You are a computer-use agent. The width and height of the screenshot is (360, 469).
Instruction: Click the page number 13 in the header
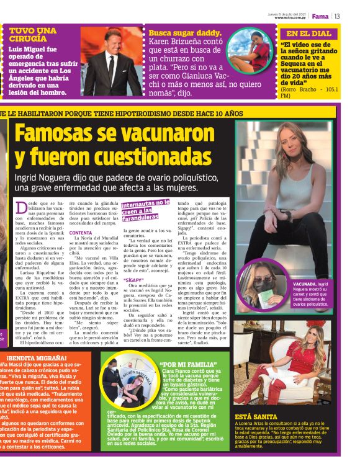[338, 16]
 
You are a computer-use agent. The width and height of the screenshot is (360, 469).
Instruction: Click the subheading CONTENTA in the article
[81, 233]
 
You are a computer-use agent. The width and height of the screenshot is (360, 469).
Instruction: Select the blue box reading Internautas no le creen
[145, 210]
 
